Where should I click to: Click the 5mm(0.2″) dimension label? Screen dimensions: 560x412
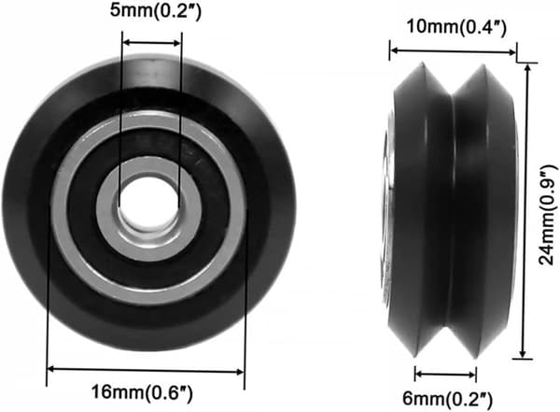pyautogui.click(x=156, y=10)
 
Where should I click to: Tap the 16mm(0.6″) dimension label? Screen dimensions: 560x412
pyautogui.click(x=142, y=392)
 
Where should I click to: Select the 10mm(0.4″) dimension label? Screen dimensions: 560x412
pyautogui.click(x=456, y=27)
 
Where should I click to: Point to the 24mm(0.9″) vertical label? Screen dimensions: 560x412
pyautogui.click(x=548, y=215)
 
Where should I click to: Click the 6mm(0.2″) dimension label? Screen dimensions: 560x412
pyautogui.click(x=447, y=398)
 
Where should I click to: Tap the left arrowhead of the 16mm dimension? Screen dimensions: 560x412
pyautogui.click(x=51, y=369)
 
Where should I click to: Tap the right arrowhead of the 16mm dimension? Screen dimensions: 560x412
pyautogui.click(x=240, y=372)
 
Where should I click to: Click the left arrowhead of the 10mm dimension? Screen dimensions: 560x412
pyautogui.click(x=394, y=50)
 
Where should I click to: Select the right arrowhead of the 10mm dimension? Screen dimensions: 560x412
pyautogui.click(x=511, y=53)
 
